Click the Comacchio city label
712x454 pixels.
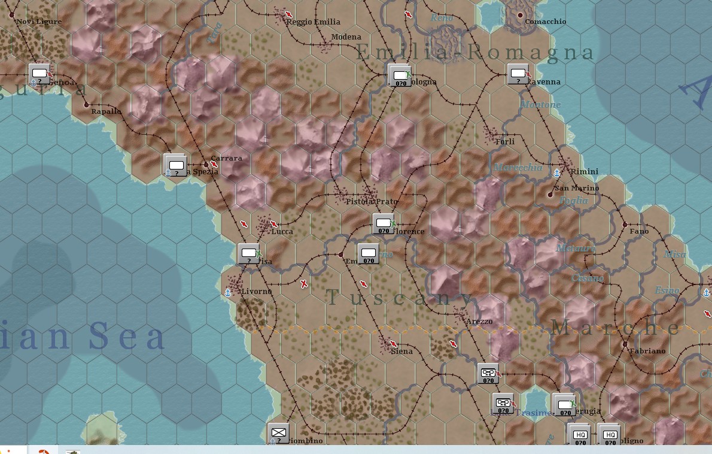tap(545, 22)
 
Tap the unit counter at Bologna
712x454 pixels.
tap(400, 76)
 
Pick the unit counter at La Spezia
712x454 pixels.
tap(176, 166)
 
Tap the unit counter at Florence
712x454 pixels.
tap(384, 225)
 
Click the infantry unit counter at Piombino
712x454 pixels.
tap(278, 434)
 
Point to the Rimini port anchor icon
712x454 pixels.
tap(557, 173)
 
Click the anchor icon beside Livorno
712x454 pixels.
tap(227, 292)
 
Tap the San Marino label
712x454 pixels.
tap(577, 188)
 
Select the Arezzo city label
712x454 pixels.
tap(479, 322)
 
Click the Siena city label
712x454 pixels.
tap(401, 352)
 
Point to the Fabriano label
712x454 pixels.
tap(647, 351)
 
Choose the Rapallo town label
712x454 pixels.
tap(107, 111)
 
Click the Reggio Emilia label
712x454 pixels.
tap(313, 22)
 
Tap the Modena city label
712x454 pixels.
tap(346, 37)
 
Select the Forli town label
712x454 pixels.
tap(505, 142)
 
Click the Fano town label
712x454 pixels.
tap(639, 231)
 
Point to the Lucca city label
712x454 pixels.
tap(282, 231)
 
